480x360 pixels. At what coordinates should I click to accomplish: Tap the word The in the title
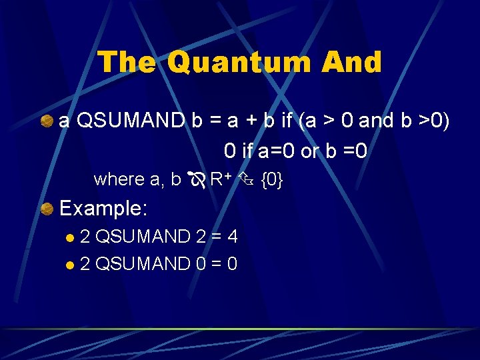click(127, 63)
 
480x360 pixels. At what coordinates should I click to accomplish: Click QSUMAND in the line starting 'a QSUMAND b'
click(131, 121)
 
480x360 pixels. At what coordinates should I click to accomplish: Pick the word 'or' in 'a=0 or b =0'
click(311, 151)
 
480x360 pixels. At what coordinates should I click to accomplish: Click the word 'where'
click(119, 179)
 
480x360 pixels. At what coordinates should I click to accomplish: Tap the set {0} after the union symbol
click(271, 179)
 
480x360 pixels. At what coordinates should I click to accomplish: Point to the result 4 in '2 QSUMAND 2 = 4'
click(232, 236)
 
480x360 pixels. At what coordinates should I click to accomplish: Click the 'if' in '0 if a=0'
click(247, 151)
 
